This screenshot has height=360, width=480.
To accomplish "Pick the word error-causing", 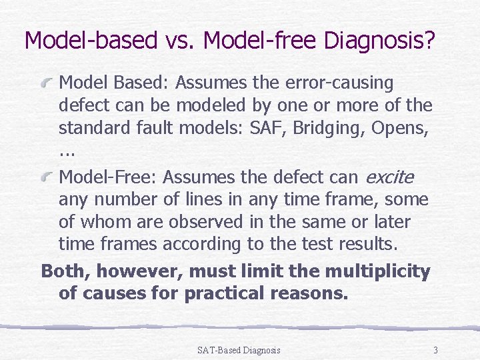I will (x=337, y=83).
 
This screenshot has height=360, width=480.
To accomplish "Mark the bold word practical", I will (x=224, y=293).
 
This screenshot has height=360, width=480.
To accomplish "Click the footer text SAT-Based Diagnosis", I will (x=239, y=350).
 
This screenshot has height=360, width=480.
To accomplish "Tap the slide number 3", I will (x=435, y=350).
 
